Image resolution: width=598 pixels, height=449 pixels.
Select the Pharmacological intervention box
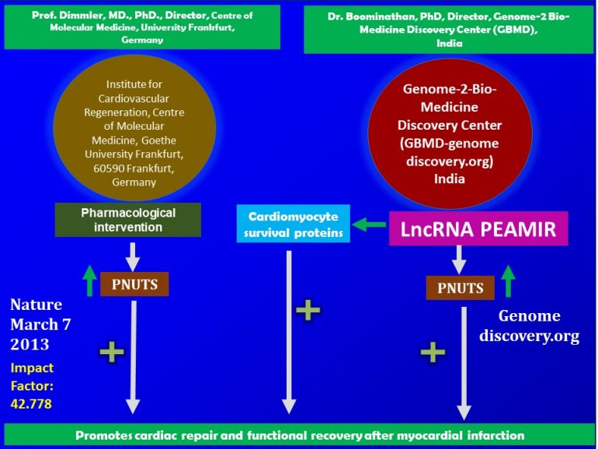[x=128, y=220]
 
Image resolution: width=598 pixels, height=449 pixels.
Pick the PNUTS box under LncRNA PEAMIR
[x=461, y=287]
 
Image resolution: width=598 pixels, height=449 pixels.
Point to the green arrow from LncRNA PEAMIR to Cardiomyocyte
[x=369, y=226]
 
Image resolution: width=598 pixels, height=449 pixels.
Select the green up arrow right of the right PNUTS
[x=509, y=281]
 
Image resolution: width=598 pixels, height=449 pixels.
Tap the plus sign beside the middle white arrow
[x=309, y=310]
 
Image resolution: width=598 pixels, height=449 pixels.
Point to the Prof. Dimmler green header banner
[x=141, y=26]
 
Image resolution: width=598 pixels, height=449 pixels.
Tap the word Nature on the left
[x=37, y=305]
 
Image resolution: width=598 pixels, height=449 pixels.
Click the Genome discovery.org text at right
[x=528, y=326]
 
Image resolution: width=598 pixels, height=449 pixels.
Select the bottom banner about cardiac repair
[x=299, y=435]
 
